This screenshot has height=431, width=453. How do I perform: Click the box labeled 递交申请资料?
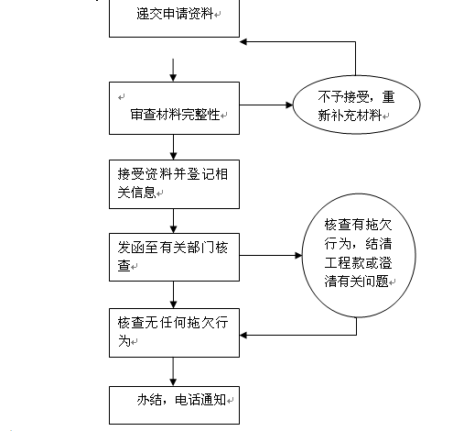[174, 18]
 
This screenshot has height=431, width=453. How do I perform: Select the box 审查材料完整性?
[174, 108]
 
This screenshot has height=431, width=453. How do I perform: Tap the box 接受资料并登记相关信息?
[174, 184]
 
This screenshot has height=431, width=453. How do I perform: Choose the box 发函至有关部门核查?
[174, 257]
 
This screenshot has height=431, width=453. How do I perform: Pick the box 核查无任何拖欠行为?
[174, 333]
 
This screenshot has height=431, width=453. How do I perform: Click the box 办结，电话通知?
[174, 405]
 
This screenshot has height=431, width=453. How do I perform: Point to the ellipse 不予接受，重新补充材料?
[356, 105]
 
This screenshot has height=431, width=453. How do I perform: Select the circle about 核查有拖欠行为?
[359, 255]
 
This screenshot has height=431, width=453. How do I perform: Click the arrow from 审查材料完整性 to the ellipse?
[266, 105]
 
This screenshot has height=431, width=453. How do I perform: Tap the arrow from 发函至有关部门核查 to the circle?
[271, 255]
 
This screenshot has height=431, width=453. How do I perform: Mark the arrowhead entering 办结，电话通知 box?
[173, 382]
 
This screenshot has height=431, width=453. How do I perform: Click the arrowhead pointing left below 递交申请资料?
[243, 42]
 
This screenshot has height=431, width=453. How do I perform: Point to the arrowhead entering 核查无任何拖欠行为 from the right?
[243, 336]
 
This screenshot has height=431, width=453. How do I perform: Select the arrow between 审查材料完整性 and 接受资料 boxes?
[173, 147]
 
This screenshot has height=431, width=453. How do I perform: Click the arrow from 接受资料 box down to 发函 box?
[173, 221]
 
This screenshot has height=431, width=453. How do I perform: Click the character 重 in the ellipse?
[389, 97]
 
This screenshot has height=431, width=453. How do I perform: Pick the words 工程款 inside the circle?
[344, 263]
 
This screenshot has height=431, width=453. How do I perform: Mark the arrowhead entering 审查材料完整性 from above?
[173, 78]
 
